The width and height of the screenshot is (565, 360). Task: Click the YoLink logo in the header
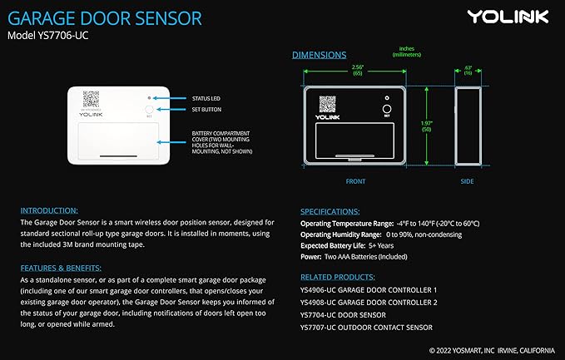507,16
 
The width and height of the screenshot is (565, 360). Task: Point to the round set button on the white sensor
150,109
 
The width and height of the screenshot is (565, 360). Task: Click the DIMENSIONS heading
319,55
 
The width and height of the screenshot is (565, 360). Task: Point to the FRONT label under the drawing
355,180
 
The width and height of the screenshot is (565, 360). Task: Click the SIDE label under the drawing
468,180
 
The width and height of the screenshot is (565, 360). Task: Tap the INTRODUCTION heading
49,210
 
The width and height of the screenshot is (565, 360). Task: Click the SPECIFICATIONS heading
330,212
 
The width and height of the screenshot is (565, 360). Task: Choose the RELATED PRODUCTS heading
337,276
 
